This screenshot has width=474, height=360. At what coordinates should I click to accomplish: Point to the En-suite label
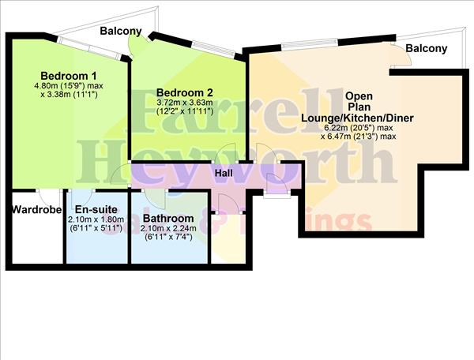coord(96,209)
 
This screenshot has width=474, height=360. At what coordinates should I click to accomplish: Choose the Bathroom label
coord(168,219)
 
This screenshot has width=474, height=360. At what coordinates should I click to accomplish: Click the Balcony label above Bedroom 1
coord(121,32)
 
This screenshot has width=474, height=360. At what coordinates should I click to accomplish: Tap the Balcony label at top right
coord(427,48)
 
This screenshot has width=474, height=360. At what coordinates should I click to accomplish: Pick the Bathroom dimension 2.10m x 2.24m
coord(168,228)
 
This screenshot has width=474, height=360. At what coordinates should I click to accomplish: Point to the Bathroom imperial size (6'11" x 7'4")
coord(168,238)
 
